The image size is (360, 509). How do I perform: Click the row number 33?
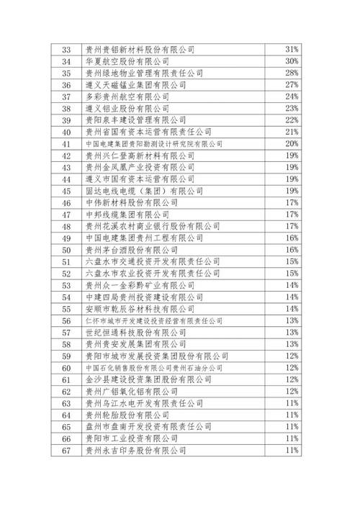(66, 49)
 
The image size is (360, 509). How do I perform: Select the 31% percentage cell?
(291, 49)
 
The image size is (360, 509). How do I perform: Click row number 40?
(66, 132)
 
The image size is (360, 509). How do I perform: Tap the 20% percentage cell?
(291, 143)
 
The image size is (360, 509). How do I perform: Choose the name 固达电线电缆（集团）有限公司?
(136, 191)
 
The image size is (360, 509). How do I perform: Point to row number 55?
(66, 309)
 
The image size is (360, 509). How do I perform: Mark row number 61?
(66, 379)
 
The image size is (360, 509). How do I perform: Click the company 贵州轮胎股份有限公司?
(122, 415)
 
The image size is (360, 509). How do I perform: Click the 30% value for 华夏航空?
(291, 61)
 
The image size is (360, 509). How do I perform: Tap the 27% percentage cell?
(291, 84)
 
